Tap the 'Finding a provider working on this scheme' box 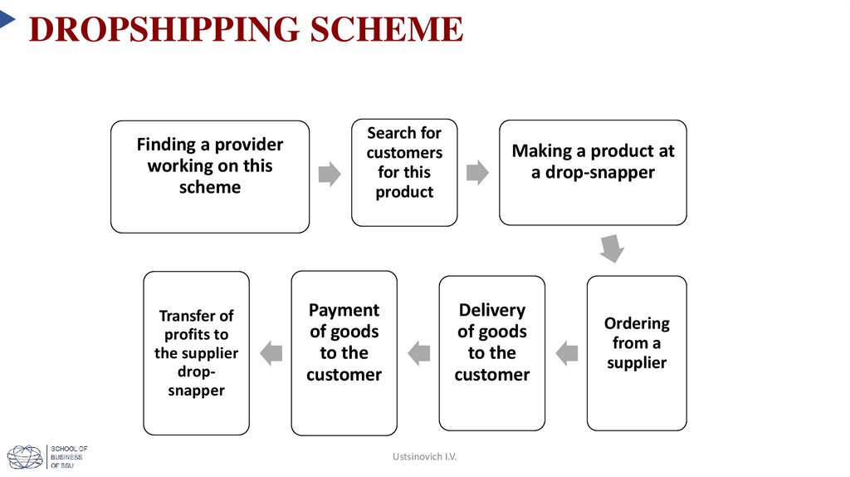tap(210, 176)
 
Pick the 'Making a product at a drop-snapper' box tap(593, 172)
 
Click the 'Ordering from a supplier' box tap(637, 353)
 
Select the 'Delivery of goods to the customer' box tap(492, 353)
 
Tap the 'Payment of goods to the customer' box tap(344, 353)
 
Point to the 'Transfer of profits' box tap(197, 353)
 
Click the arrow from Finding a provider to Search tap(330, 174)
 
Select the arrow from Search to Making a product tap(477, 174)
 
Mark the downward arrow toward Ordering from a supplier tap(612, 248)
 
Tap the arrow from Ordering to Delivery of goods tap(566, 353)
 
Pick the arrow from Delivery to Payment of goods tap(418, 353)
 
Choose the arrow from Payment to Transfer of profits tap(271, 353)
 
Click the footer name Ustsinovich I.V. tap(425, 457)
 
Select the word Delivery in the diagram tap(492, 310)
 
